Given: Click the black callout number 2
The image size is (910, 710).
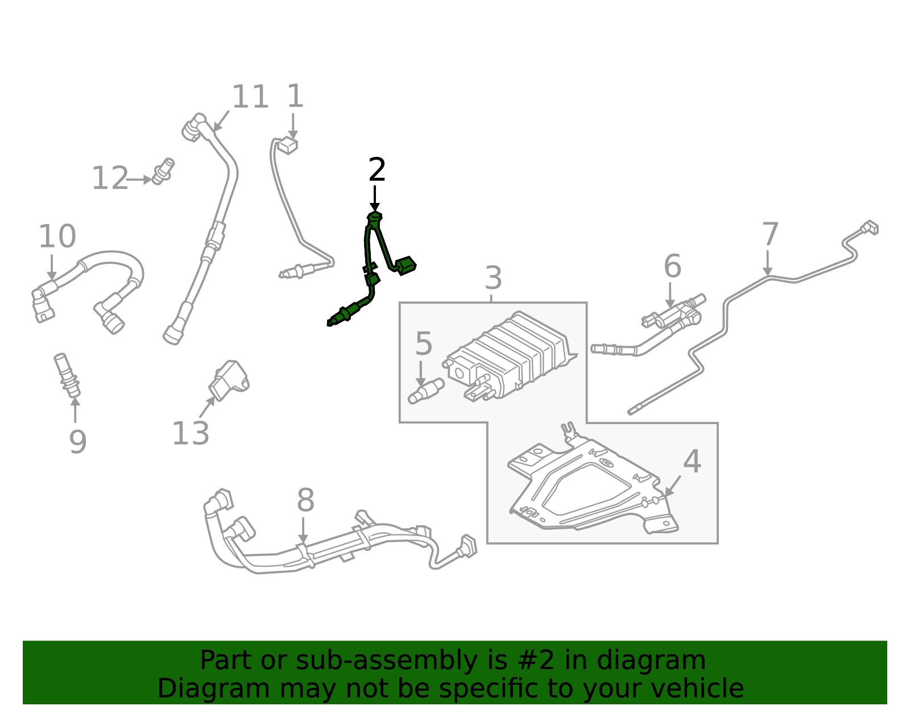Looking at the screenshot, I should (377, 171).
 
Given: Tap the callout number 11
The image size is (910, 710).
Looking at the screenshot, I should (250, 97).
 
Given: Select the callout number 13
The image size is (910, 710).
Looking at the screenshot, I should (191, 434).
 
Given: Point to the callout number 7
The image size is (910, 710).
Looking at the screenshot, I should (770, 234).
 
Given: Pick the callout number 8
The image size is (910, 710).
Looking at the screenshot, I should (305, 501).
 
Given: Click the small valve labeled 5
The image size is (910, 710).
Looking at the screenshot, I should (426, 391).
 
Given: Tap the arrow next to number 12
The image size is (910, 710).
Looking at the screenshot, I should (139, 180).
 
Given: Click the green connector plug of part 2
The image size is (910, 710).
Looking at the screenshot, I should (406, 265).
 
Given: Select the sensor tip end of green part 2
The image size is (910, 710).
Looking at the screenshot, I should (332, 322).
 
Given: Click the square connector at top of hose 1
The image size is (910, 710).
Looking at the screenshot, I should (288, 146).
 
